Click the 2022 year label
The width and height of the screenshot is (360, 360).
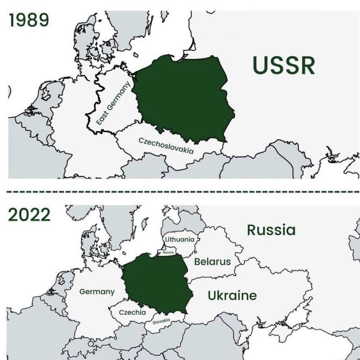pyautogui.click(x=29, y=215)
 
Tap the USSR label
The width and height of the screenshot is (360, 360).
pyautogui.click(x=284, y=66)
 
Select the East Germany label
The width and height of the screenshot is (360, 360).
pyautogui.click(x=114, y=103)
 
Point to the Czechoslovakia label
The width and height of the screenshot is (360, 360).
pyautogui.click(x=166, y=145)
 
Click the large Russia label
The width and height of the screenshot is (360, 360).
pyautogui.click(x=271, y=230)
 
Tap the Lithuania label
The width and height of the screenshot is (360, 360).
pyautogui.click(x=180, y=239)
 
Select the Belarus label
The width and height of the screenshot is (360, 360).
pyautogui.click(x=212, y=261)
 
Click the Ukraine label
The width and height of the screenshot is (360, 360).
pyautogui.click(x=232, y=296)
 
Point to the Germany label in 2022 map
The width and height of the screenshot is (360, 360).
pyautogui.click(x=97, y=292)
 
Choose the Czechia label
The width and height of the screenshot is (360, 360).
pyautogui.click(x=132, y=312)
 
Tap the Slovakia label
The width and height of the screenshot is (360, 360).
pyautogui.click(x=161, y=321)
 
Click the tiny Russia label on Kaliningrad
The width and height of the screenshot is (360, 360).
pyautogui.click(x=168, y=252)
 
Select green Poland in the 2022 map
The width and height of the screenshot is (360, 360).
pyautogui.click(x=156, y=282)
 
